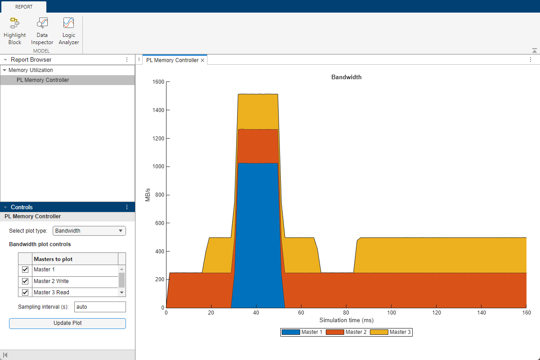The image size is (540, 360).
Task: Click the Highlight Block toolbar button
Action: [x=15, y=31]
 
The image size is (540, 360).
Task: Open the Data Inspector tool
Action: [x=42, y=31]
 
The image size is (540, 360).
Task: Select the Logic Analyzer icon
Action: [x=68, y=31]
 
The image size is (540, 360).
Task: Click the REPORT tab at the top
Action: [x=23, y=7]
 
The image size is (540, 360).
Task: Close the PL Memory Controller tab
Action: [x=202, y=60]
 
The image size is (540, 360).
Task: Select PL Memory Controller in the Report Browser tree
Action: [x=43, y=80]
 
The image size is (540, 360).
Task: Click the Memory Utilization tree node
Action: [x=31, y=70]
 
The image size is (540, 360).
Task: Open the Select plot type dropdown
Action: [x=89, y=231]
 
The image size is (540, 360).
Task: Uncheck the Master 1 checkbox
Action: [x=25, y=270]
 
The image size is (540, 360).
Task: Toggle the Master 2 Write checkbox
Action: [x=25, y=281]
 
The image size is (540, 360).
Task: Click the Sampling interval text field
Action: [x=99, y=307]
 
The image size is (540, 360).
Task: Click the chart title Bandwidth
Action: [x=346, y=77]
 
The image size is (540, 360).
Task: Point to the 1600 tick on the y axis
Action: [x=158, y=82]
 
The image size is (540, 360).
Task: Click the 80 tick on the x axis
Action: [x=346, y=313]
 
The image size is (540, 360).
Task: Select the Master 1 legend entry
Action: [x=301, y=333]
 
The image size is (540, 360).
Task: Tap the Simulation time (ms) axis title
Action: [x=346, y=320]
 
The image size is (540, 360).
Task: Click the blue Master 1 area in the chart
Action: [x=257, y=234]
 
